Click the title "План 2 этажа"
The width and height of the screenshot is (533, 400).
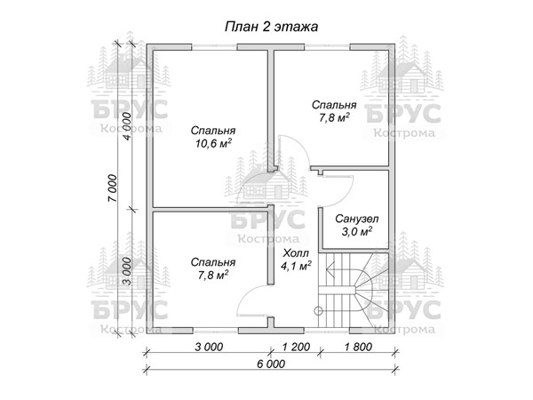tap(271, 27)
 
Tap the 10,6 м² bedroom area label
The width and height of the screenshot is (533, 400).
tap(213, 143)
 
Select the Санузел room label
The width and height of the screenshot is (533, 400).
tap(356, 219)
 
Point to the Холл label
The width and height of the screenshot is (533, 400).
tap(296, 253)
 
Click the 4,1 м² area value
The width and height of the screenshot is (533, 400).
tap(296, 266)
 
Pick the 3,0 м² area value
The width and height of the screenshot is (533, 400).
tap(356, 232)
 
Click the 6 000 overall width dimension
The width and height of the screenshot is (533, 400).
tap(271, 364)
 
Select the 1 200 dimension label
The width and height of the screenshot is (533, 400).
tap(296, 347)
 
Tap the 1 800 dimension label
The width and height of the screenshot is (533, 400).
tap(358, 347)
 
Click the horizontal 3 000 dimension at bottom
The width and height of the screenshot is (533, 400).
tap(209, 347)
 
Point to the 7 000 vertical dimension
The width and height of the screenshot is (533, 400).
tap(113, 188)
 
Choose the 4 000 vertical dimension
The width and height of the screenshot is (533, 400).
tap(127, 126)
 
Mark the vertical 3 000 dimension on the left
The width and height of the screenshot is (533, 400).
tap(127, 271)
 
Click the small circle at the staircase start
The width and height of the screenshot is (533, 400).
tap(319, 310)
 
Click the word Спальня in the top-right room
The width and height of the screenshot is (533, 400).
tap(334, 105)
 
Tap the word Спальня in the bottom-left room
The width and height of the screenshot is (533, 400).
tap(213, 262)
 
